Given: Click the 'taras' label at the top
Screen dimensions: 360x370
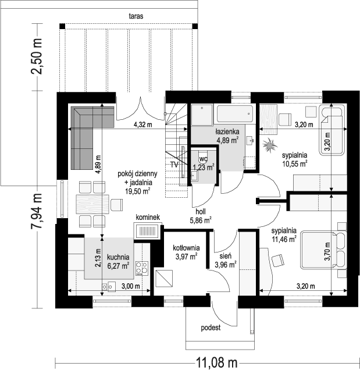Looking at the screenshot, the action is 136,16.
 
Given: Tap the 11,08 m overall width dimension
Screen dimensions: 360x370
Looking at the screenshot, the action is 217,362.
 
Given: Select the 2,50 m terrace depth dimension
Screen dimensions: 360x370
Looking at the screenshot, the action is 37,56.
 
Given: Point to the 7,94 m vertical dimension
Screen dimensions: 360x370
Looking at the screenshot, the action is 37,211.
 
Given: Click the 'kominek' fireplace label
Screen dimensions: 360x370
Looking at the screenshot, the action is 148,217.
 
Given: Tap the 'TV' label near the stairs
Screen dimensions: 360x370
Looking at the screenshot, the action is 174,165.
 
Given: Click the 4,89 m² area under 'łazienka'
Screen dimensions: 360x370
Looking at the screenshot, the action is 227,140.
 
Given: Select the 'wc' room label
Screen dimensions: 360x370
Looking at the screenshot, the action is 203,159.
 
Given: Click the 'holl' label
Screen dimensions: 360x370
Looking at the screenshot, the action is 200,211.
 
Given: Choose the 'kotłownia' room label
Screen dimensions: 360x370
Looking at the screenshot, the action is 186,248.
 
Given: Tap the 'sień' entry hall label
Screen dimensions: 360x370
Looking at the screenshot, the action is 225,256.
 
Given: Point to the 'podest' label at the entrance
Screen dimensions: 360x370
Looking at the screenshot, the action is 211,328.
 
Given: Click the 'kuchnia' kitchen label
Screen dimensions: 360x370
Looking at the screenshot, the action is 118,257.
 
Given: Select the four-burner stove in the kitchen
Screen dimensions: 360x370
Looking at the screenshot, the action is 142,269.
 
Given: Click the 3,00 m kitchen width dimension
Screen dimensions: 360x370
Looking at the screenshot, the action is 131,286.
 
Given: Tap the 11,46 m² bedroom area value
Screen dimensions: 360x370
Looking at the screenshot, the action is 284,239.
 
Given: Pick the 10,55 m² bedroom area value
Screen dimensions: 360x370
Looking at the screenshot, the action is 295,163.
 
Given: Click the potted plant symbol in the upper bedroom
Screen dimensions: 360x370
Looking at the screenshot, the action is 269,146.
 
